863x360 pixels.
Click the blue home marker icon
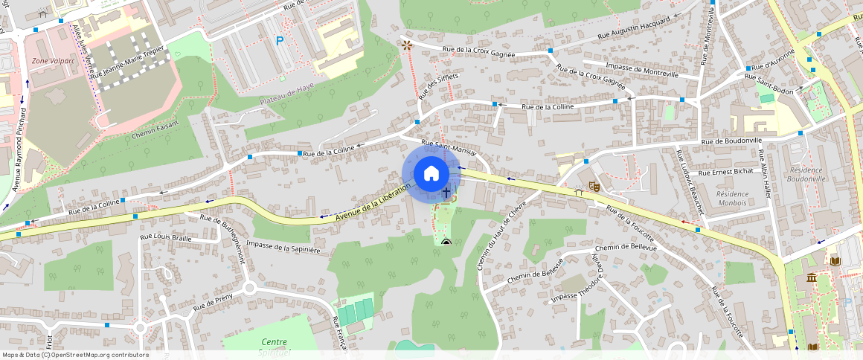point(431,174)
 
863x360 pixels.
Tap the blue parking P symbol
point(280,42)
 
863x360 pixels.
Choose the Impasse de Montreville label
point(641,66)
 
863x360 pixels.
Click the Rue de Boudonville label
point(732,141)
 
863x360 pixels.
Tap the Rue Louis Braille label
point(166,238)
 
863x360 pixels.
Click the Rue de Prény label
point(213,301)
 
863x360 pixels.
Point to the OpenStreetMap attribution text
point(75,355)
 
